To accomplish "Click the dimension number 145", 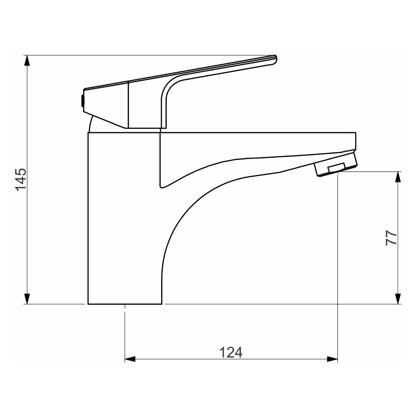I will pyautogui.click(x=21, y=179).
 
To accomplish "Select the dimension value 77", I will pyautogui.click(x=391, y=238).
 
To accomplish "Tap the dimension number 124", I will pyautogui.click(x=230, y=352).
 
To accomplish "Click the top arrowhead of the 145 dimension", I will pyautogui.click(x=27, y=60).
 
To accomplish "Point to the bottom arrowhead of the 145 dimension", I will pyautogui.click(x=27, y=299).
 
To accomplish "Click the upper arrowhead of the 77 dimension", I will pyautogui.click(x=398, y=177).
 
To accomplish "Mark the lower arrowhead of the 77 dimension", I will pyautogui.click(x=398, y=299).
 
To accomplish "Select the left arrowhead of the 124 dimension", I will pyautogui.click(x=130, y=359).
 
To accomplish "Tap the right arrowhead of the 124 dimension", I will pyautogui.click(x=332, y=359).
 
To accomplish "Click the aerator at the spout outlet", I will pyautogui.click(x=335, y=164).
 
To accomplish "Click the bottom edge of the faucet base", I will pyautogui.click(x=124, y=304).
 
